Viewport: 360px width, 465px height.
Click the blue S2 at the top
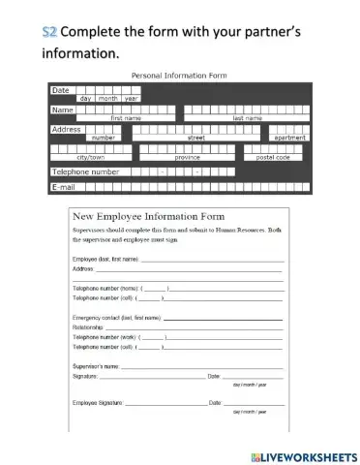[x=49, y=32]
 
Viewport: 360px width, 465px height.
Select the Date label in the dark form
[x=60, y=89]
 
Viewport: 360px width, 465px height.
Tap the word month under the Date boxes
[x=107, y=99]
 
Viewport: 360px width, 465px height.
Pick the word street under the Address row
[x=196, y=138]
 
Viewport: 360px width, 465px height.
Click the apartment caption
[x=289, y=138]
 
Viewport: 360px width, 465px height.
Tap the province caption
[x=188, y=156]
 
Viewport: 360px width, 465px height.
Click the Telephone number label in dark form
[x=86, y=171]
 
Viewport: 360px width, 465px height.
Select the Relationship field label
[x=91, y=327]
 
